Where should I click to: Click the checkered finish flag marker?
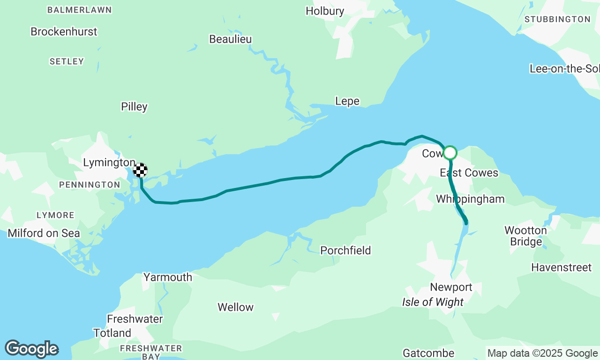click(x=140, y=170)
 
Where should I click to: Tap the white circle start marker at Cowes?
click(x=450, y=153)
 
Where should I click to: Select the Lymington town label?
click(x=109, y=163)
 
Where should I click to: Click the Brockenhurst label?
click(x=64, y=31)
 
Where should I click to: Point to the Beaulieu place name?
click(x=231, y=39)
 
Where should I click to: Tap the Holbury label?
click(x=325, y=11)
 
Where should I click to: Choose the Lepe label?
click(x=347, y=101)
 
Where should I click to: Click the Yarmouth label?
click(x=168, y=277)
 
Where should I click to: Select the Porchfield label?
click(x=345, y=251)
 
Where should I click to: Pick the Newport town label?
click(x=451, y=287)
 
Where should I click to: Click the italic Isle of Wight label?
click(x=433, y=302)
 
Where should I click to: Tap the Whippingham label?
click(x=470, y=199)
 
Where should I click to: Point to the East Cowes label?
click(x=469, y=173)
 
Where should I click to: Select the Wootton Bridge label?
click(x=525, y=236)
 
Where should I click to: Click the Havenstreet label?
click(x=561, y=268)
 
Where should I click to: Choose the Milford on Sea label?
click(x=44, y=233)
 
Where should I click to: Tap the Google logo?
click(x=31, y=349)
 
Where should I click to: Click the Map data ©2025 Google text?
click(x=542, y=353)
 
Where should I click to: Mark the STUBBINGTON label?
click(x=557, y=19)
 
